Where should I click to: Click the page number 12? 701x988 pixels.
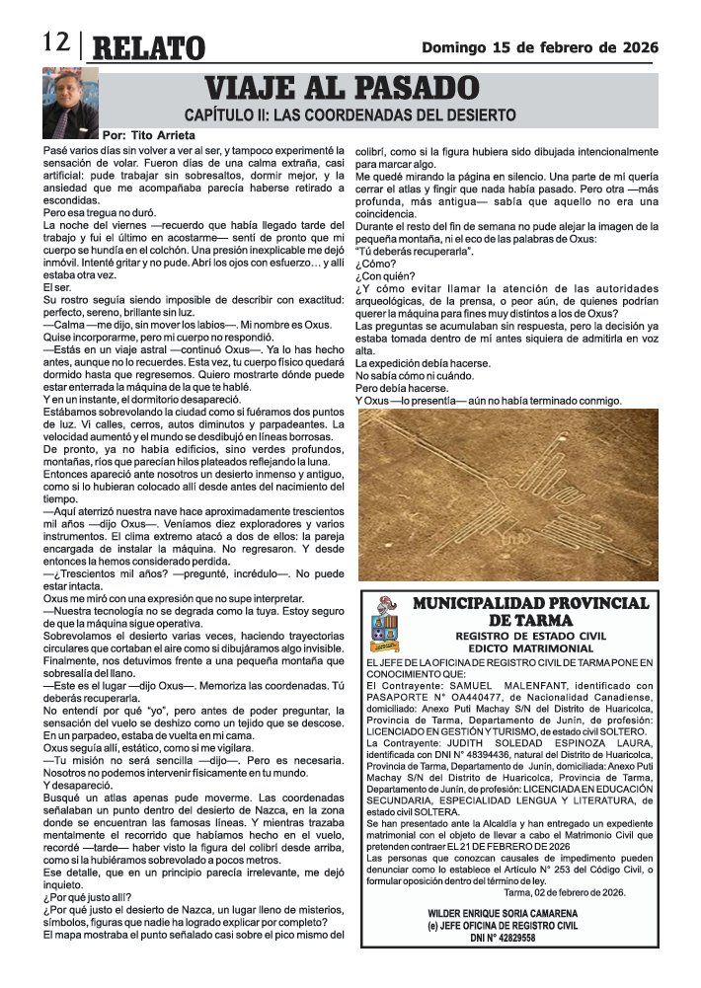(54, 42)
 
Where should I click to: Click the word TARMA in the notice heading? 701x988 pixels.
(544, 620)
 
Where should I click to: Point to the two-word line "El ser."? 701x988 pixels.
(58, 287)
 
